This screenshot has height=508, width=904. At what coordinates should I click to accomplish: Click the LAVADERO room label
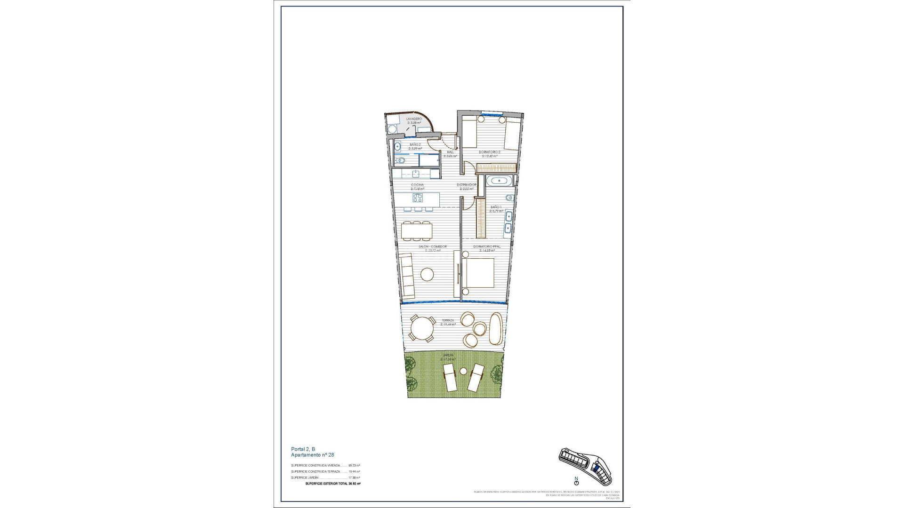pyautogui.click(x=414, y=119)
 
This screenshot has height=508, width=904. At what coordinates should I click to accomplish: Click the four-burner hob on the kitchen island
pyautogui.click(x=88, y=198)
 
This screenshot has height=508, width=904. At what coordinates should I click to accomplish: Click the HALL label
pyautogui.click(x=451, y=152)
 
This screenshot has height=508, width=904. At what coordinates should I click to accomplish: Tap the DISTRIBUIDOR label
pyautogui.click(x=466, y=185)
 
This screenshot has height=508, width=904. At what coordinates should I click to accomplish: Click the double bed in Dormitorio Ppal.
pyautogui.click(x=478, y=273)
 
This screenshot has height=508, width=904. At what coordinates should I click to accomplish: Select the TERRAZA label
pyautogui.click(x=448, y=320)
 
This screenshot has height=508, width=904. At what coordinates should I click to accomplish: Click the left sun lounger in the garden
pyautogui.click(x=120, y=378)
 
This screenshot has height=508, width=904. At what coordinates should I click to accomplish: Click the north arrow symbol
pyautogui.click(x=576, y=481)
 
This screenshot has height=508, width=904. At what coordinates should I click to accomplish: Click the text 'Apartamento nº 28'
pyautogui.click(x=312, y=455)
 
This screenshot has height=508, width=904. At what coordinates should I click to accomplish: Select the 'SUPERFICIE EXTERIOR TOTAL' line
pyautogui.click(x=333, y=484)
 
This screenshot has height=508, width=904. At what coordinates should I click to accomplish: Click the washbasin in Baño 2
pyautogui.click(x=397, y=145)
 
